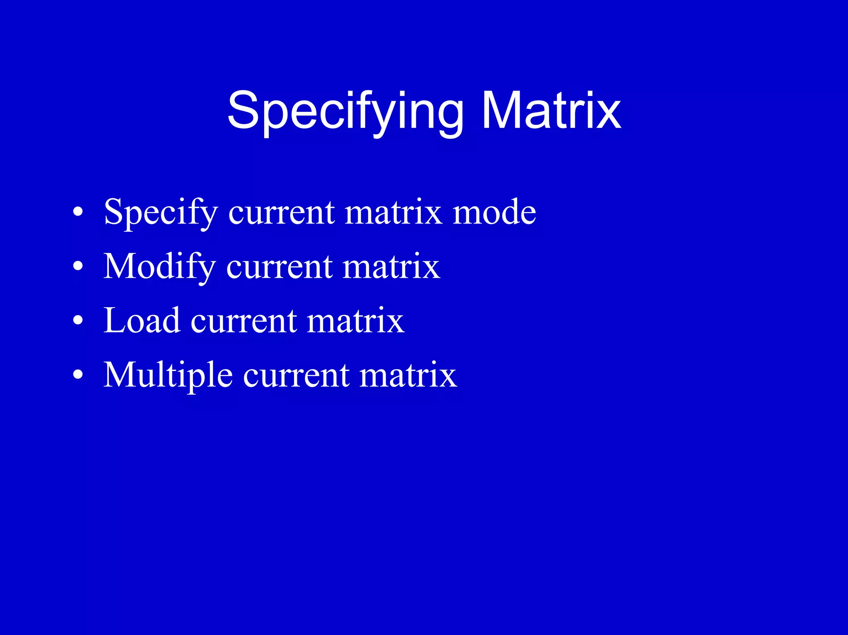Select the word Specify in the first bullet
point(161,212)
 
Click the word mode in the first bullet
point(494,212)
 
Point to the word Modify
point(159,267)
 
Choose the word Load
point(142,320)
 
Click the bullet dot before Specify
point(77,213)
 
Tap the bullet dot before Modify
point(77,267)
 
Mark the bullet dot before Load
point(77,321)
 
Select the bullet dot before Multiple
point(77,375)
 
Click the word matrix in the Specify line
point(393,212)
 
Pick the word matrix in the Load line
point(355,321)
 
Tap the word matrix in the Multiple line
point(408,375)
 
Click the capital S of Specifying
point(243,111)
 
